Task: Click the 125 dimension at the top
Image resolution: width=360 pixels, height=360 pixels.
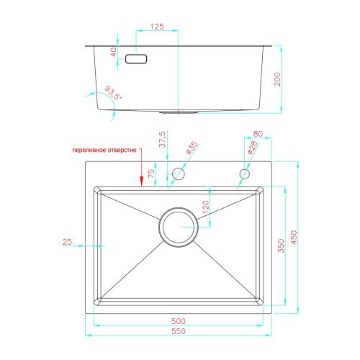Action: [157, 27]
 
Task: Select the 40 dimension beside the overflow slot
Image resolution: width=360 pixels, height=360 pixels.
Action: [114, 52]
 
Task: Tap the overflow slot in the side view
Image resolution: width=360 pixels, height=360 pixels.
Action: [136, 59]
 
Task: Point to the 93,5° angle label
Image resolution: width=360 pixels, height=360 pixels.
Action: [114, 93]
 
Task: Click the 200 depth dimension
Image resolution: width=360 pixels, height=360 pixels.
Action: [277, 79]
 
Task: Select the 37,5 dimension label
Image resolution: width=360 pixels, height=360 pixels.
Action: [162, 139]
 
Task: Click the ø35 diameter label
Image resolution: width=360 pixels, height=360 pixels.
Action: [192, 148]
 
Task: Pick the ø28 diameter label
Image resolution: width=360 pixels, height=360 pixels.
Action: [253, 148]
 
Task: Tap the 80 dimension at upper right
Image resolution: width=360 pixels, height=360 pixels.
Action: [258, 134]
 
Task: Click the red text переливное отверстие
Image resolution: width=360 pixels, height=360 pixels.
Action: [104, 150]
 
